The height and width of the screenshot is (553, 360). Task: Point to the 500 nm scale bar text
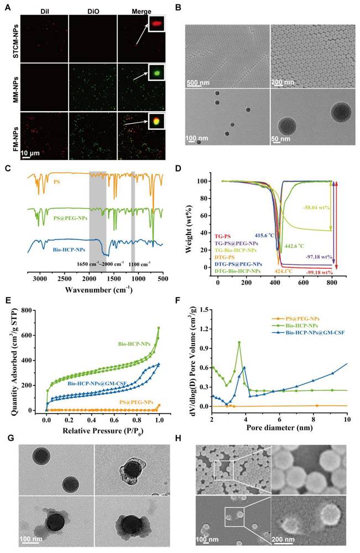(199, 83)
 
